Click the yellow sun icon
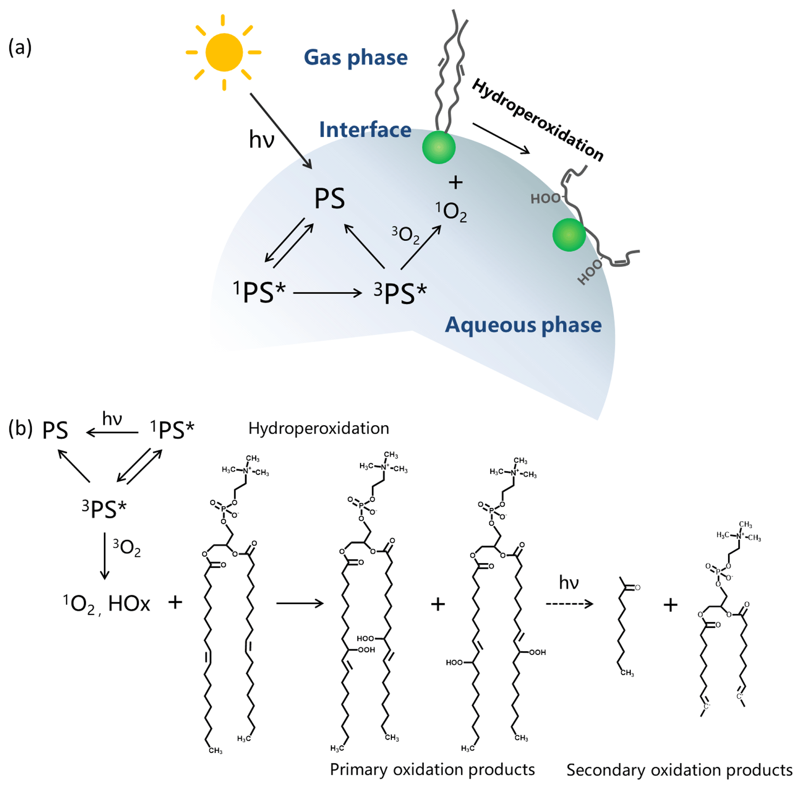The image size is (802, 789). click(x=223, y=52)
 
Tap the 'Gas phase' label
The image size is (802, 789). click(x=355, y=57)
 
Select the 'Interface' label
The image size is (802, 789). click(x=365, y=130)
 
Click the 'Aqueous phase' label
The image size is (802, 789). click(x=523, y=325)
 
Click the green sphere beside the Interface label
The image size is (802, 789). click(x=438, y=147)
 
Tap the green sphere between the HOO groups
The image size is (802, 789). click(x=568, y=235)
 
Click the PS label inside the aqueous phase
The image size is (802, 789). click(x=329, y=198)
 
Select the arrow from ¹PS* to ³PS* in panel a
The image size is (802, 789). click(x=327, y=293)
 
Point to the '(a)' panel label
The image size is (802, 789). click(x=20, y=47)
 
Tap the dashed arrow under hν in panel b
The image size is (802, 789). click(x=569, y=604)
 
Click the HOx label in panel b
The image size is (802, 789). click(x=129, y=603)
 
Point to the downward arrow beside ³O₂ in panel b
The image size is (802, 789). click(x=104, y=556)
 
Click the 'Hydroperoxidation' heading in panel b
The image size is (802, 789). click(x=319, y=429)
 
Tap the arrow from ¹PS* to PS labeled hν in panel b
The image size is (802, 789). click(x=112, y=433)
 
